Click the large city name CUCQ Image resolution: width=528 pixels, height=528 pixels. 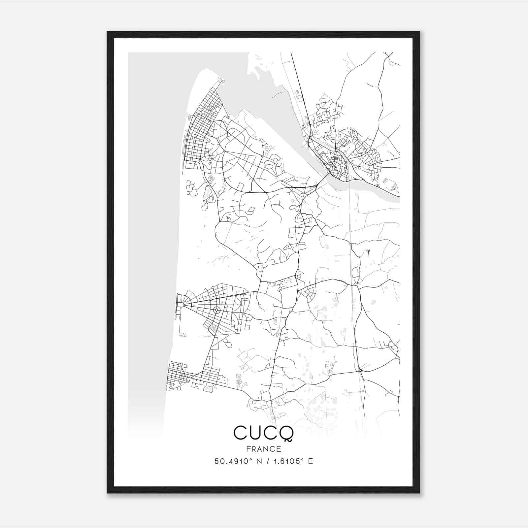263,433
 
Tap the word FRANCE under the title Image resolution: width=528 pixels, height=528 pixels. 263,449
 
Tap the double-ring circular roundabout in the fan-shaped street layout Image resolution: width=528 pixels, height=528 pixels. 216,310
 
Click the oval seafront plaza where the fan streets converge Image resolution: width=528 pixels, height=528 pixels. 180,305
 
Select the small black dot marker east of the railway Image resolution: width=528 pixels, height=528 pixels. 369,251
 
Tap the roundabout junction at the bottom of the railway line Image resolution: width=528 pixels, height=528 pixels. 360,371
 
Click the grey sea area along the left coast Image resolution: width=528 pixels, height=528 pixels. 152,231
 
